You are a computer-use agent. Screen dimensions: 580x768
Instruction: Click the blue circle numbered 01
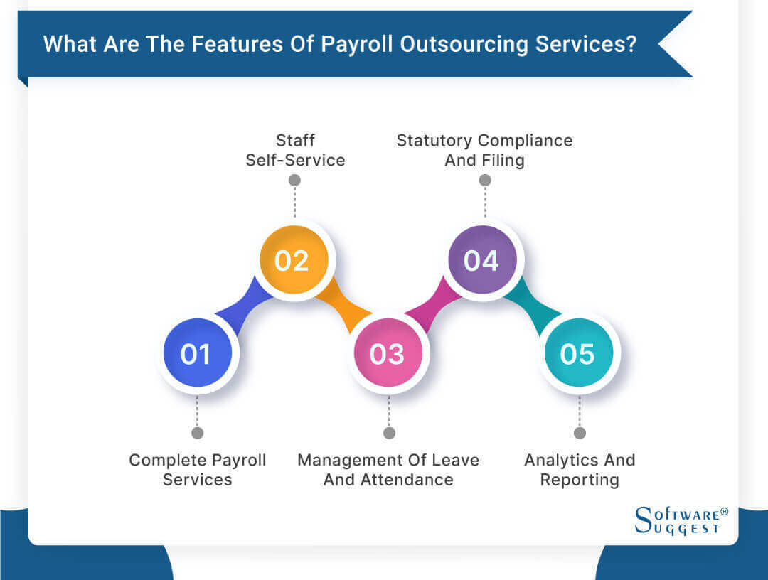click(x=197, y=353)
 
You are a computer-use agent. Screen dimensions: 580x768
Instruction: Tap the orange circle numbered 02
click(x=292, y=261)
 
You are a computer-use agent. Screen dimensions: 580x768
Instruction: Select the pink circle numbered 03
click(x=388, y=353)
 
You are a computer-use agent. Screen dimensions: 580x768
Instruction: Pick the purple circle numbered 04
click(x=483, y=261)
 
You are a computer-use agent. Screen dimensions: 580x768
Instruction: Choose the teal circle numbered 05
click(x=578, y=353)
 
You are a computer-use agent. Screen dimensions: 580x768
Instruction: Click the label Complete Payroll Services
click(x=197, y=470)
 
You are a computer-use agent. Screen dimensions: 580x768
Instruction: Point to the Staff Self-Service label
click(x=295, y=150)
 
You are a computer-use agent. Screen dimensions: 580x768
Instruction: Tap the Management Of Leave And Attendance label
click(x=388, y=470)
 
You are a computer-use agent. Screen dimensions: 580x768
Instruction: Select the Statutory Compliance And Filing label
click(x=484, y=150)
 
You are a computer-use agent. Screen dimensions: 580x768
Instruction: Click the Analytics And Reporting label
click(x=580, y=470)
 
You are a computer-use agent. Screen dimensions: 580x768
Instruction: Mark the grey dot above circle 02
click(x=294, y=181)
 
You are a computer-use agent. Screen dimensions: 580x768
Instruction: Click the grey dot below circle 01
click(x=197, y=433)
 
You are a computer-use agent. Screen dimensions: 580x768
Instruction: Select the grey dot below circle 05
click(x=580, y=433)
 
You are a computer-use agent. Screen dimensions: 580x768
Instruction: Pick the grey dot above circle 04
click(x=484, y=181)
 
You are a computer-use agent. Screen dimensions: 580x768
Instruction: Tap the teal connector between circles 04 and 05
click(x=530, y=307)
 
